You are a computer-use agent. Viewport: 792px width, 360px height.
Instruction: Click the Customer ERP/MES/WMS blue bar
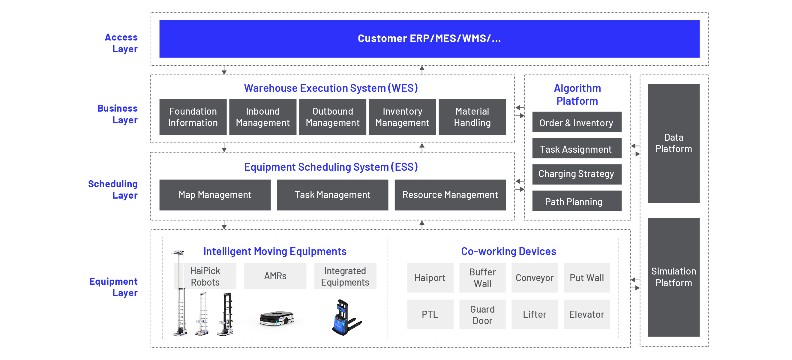click(x=429, y=39)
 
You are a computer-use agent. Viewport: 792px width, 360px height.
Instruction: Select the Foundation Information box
click(x=193, y=117)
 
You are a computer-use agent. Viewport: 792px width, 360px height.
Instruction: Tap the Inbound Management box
click(x=262, y=117)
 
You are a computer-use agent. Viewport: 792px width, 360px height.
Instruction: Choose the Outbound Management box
click(x=332, y=117)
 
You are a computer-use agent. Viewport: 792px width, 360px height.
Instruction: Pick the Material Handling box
click(x=472, y=117)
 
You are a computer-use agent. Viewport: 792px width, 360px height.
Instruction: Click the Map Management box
click(x=215, y=195)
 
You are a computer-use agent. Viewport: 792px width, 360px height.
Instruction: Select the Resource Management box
click(x=450, y=195)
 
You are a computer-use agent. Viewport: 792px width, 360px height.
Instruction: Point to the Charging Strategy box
click(x=577, y=174)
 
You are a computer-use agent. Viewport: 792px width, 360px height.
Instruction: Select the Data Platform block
click(x=673, y=143)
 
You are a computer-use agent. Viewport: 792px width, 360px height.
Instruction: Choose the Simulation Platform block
click(x=673, y=277)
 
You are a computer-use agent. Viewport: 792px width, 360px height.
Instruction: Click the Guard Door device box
click(x=482, y=314)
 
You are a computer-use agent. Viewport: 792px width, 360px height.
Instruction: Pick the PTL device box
click(x=430, y=314)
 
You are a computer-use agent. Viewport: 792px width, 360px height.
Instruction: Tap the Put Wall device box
click(x=586, y=277)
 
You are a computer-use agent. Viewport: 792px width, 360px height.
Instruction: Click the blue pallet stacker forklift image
click(x=345, y=317)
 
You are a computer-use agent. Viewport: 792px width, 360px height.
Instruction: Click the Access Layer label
click(x=121, y=43)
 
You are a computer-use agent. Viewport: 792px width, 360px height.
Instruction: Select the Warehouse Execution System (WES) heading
click(x=331, y=88)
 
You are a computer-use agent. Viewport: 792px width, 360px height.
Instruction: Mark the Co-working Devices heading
click(x=508, y=251)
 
